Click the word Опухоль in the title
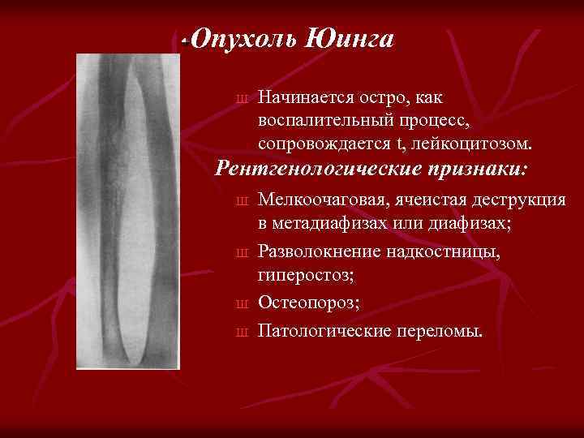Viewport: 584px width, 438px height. (x=246, y=38)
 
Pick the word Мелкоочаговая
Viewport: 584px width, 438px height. (x=322, y=200)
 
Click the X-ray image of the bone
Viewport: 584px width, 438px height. (x=128, y=211)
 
